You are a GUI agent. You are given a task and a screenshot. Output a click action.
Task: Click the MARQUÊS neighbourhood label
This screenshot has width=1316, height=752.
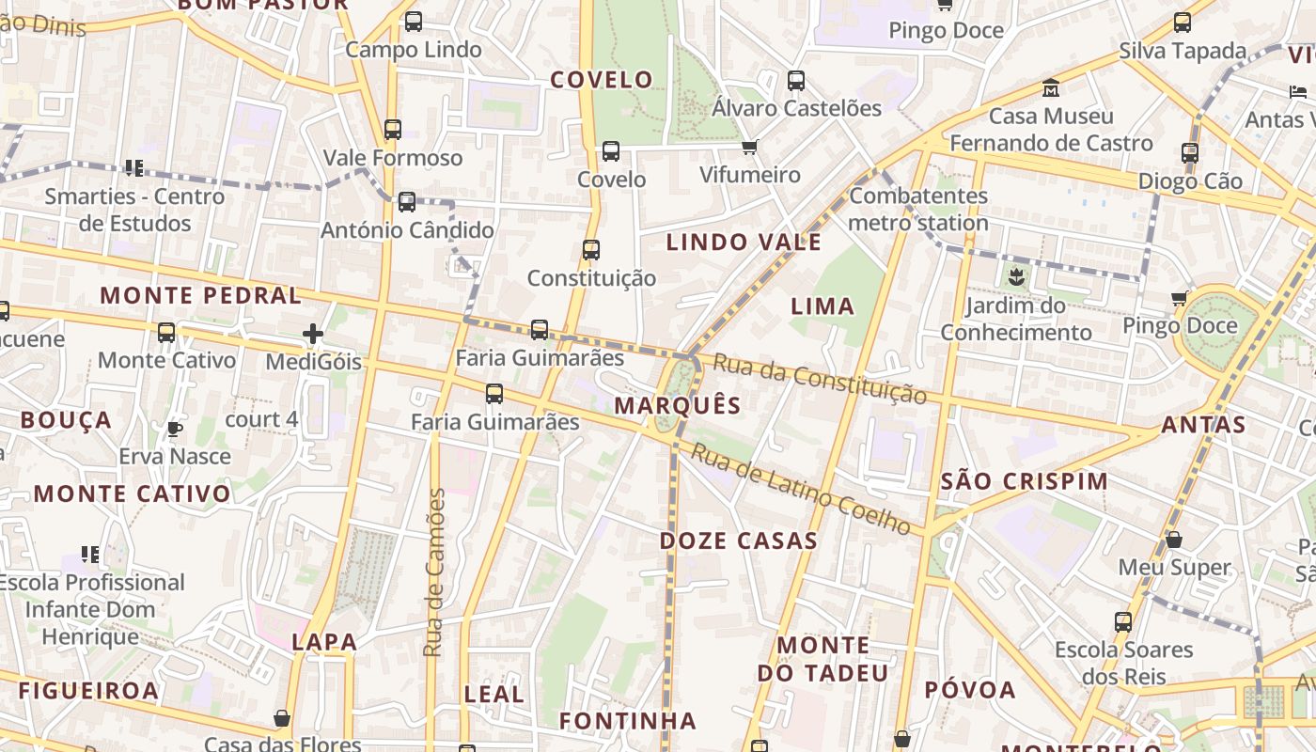pyautogui.click(x=677, y=406)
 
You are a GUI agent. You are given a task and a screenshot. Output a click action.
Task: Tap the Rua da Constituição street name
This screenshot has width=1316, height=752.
pyautogui.click(x=820, y=378)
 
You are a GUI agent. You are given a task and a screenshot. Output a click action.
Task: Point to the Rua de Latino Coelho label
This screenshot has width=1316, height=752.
pyautogui.click(x=801, y=490)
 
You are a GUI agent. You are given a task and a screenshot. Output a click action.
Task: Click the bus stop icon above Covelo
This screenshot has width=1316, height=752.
pyautogui.click(x=611, y=150)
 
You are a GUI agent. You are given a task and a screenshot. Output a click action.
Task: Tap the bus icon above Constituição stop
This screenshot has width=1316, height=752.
pyautogui.click(x=590, y=249)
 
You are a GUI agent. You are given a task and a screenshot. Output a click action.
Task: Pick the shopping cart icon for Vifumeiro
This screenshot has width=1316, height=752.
pyautogui.click(x=749, y=147)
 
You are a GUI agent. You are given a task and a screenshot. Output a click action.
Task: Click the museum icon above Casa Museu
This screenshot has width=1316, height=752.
pyautogui.click(x=1051, y=88)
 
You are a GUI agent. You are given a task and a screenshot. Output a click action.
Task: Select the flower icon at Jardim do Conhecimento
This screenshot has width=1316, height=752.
pyautogui.click(x=1016, y=276)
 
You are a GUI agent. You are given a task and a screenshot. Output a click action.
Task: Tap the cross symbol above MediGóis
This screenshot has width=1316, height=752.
pyautogui.click(x=313, y=333)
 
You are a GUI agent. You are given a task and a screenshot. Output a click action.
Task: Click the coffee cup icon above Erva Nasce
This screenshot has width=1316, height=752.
pyautogui.click(x=174, y=429)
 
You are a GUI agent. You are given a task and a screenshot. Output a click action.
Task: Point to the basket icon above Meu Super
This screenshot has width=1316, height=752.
pyautogui.click(x=1173, y=540)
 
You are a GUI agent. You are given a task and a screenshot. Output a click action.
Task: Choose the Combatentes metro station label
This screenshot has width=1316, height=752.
pyautogui.click(x=918, y=210)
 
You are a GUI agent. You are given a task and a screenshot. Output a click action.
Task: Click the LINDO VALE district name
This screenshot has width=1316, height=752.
pyautogui.click(x=744, y=243)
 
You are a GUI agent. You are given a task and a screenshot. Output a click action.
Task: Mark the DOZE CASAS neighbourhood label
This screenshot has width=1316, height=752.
pyautogui.click(x=738, y=541)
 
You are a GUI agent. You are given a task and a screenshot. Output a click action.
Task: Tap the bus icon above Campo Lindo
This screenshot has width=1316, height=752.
pyautogui.click(x=413, y=21)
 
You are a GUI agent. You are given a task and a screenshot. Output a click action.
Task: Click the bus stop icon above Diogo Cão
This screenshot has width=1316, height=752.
pyautogui.click(x=1190, y=152)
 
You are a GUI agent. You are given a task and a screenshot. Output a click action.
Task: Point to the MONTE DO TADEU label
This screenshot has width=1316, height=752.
pyautogui.click(x=823, y=659)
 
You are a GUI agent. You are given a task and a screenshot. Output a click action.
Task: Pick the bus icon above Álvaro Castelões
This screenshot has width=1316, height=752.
pyautogui.click(x=796, y=80)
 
